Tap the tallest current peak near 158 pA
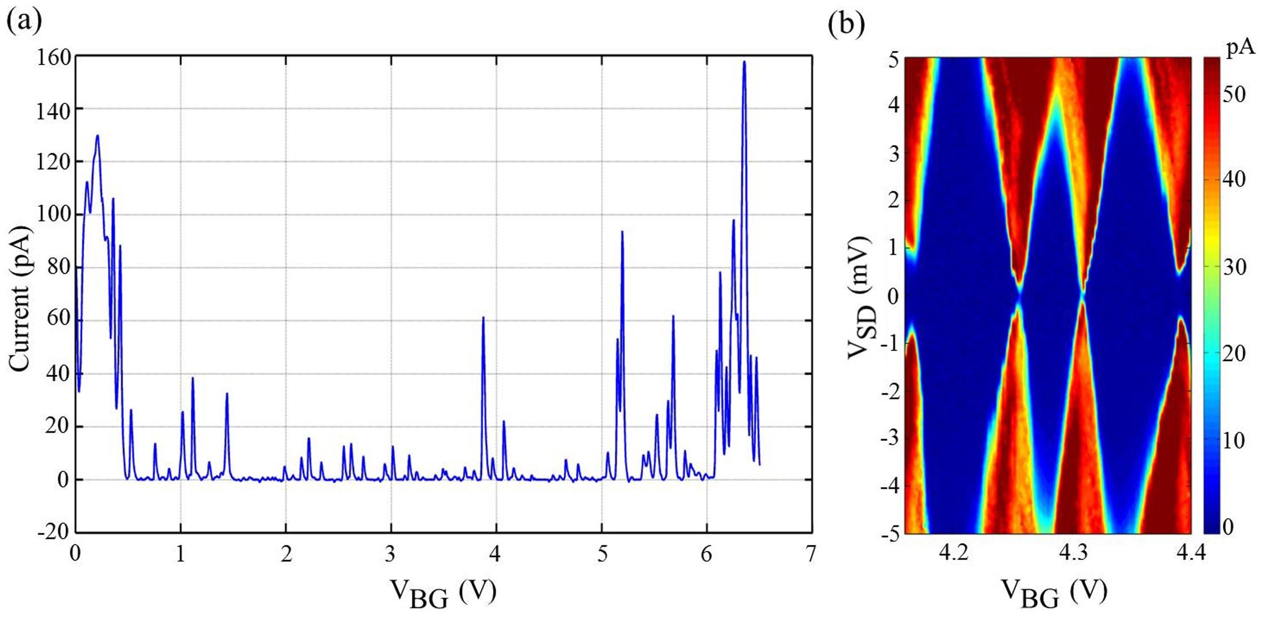744,62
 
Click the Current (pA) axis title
19,299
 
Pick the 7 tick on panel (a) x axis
811,554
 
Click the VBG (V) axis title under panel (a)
443,593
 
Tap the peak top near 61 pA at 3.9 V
483,318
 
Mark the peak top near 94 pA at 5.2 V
622,232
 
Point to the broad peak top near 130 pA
97,136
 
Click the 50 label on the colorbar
1234,95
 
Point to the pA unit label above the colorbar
1240,50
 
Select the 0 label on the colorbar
1228,527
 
